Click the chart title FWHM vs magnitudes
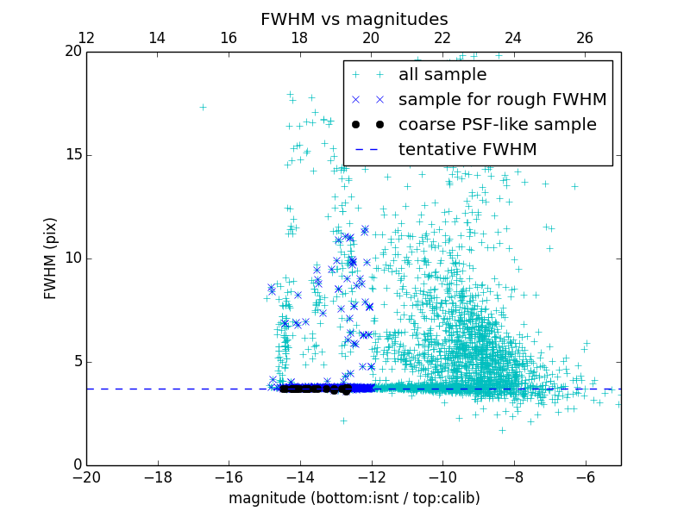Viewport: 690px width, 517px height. [x=354, y=19]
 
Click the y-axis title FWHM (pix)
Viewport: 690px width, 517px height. [x=51, y=258]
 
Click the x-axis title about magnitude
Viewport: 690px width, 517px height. [x=354, y=498]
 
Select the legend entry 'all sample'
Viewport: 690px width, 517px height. [x=442, y=75]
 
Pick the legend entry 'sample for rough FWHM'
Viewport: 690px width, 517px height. [x=502, y=100]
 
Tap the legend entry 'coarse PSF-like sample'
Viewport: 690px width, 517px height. [x=497, y=125]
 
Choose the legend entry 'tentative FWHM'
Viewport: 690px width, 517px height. [x=467, y=150]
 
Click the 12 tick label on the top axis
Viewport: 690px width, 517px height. [x=86, y=38]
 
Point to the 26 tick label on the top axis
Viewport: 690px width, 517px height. [x=585, y=38]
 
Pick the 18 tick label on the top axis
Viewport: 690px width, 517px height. [x=299, y=38]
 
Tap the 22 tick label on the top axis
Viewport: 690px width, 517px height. [x=442, y=38]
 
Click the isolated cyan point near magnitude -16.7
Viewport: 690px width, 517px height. [x=203, y=107]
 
